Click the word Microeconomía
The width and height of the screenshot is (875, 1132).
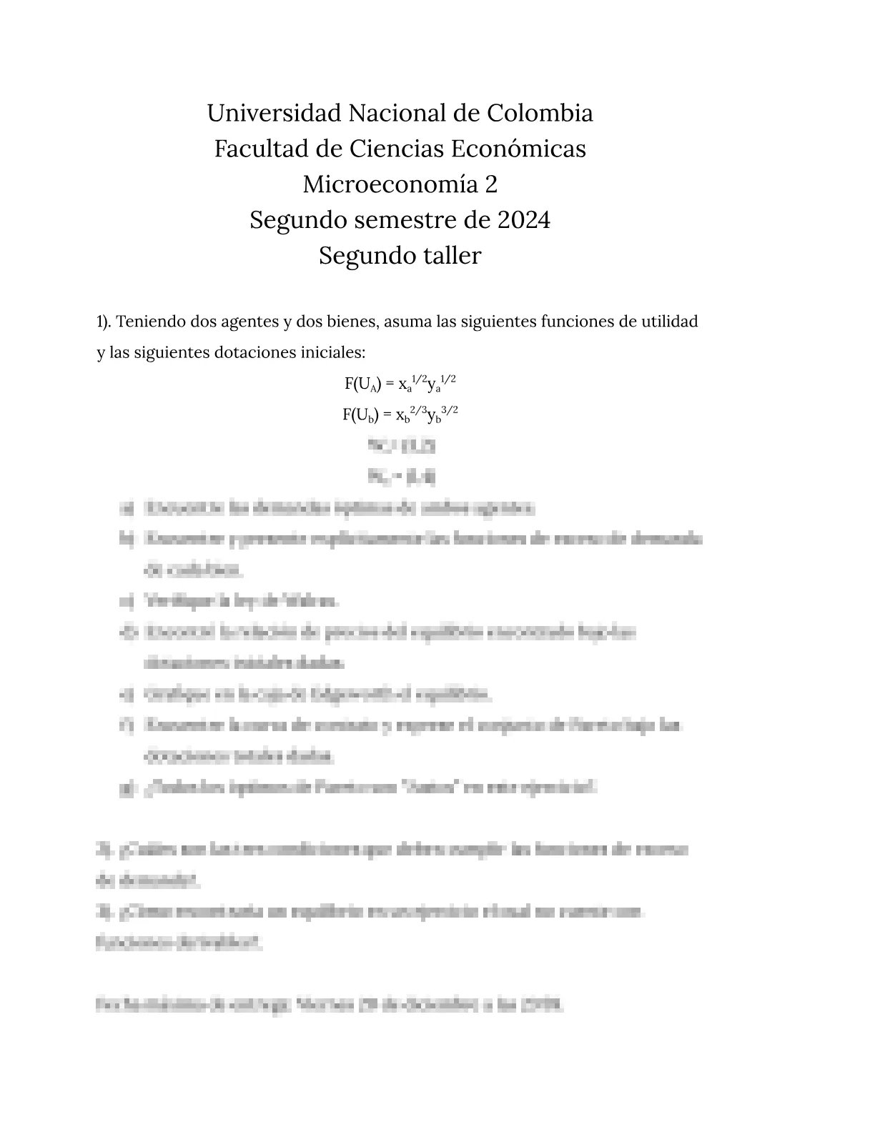click(x=390, y=184)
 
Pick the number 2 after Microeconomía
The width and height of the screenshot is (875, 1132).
click(x=490, y=184)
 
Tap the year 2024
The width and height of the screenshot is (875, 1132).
click(x=524, y=220)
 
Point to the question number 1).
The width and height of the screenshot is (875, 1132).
click(x=104, y=322)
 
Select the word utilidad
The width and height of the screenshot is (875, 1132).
click(x=669, y=322)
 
